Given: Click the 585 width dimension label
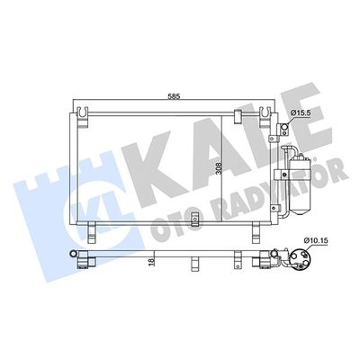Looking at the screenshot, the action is [174, 97].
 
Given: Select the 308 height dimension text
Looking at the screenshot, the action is [219, 169].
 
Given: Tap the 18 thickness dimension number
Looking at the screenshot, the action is [151, 262].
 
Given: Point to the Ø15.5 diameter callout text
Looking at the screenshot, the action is [299, 113].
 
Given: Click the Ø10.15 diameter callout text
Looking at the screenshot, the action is [316, 240].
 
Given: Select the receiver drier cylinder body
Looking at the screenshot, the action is [299, 184].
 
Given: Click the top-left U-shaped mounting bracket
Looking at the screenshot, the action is [83, 117].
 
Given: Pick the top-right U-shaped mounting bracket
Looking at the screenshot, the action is [265, 117].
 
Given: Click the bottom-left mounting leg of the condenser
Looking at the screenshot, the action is [92, 232].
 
